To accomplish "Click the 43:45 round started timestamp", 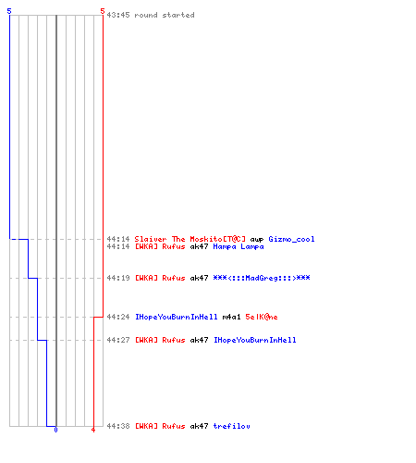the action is [x=118, y=15].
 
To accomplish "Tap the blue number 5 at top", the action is [x=9, y=11].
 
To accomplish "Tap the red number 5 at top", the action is [x=103, y=11].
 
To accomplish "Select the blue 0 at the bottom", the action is [x=55, y=430].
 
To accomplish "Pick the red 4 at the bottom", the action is [x=93, y=430].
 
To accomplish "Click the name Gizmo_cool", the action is [x=291, y=239].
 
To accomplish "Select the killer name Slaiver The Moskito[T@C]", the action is [x=190, y=239].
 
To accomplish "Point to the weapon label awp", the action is [x=257, y=240].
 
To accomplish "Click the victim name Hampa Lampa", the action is [x=239, y=247].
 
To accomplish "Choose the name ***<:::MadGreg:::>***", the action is [x=262, y=278].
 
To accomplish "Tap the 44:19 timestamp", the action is [x=118, y=278].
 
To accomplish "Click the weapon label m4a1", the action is [x=231, y=317].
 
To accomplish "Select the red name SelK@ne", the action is [x=262, y=317].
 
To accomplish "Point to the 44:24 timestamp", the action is [x=118, y=317].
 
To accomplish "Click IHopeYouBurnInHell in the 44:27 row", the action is [x=255, y=340].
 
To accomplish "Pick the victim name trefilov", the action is [x=231, y=426].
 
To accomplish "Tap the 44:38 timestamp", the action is [x=118, y=426].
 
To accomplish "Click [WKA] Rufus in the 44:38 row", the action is [x=160, y=426].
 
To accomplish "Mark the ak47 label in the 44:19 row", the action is [x=199, y=278].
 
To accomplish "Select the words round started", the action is [x=165, y=15].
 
